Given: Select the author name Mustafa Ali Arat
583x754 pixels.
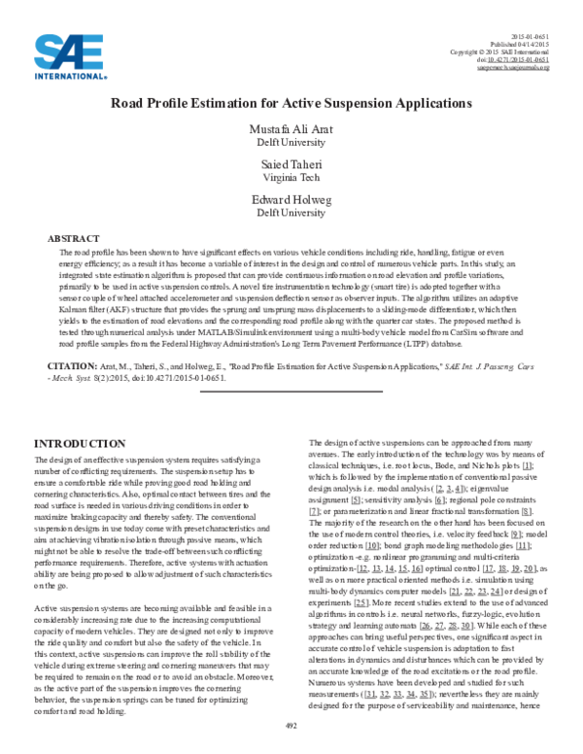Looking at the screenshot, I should tap(291, 131).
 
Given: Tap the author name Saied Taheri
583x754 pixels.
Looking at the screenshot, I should tap(291, 167).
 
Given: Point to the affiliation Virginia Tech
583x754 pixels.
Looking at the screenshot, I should tap(291, 179).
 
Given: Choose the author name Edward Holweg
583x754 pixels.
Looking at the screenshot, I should tap(291, 202).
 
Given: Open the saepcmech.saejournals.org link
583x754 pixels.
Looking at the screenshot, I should tap(514, 69).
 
